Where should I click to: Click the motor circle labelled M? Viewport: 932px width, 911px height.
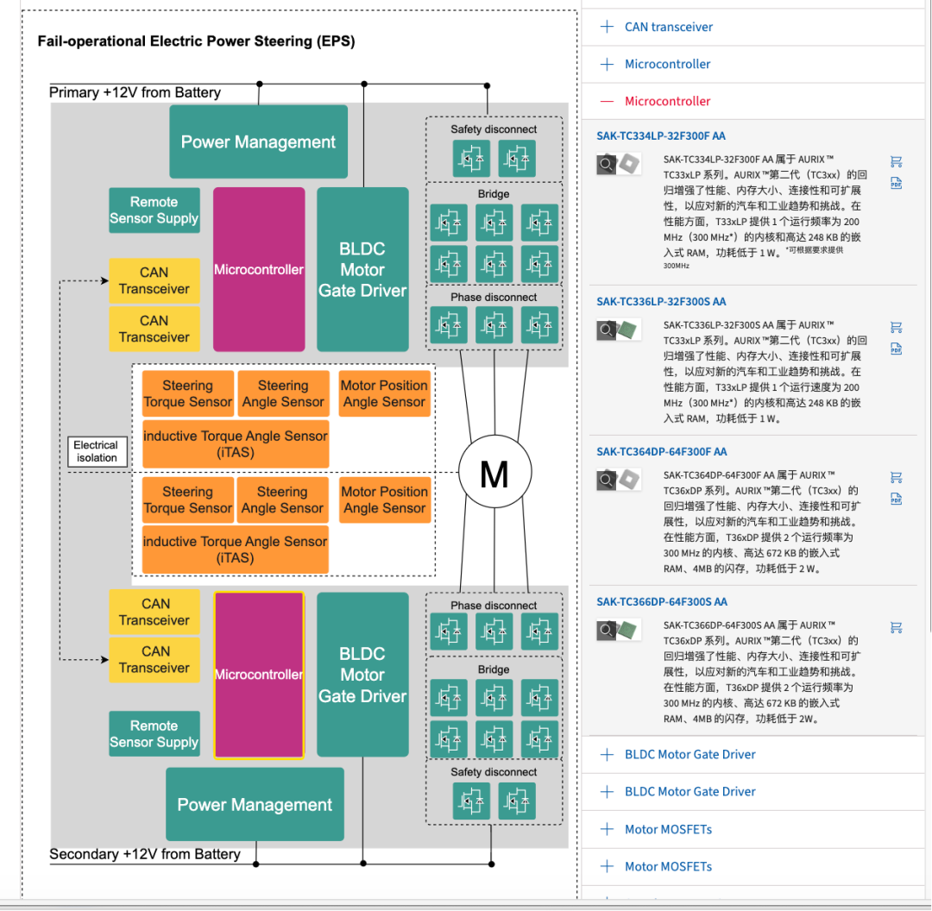coord(494,474)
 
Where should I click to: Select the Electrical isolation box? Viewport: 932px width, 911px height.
coord(97,451)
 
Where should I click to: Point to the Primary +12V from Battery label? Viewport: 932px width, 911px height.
coord(135,92)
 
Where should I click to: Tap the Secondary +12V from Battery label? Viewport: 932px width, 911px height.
coord(144,854)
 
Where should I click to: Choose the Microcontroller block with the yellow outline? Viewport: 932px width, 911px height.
coord(259,675)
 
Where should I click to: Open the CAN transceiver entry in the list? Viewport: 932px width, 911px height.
coord(669,27)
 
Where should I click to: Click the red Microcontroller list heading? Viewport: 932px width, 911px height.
coord(667,101)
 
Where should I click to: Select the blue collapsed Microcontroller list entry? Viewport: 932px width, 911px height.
coord(667,64)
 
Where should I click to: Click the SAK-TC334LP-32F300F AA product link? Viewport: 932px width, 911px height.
coord(660,135)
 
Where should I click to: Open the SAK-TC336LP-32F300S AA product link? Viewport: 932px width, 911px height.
coord(661,301)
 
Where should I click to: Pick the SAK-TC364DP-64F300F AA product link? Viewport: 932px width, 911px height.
coord(661,451)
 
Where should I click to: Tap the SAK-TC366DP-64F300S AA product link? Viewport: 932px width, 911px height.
coord(661,601)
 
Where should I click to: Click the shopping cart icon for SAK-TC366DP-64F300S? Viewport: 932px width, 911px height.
coord(896,627)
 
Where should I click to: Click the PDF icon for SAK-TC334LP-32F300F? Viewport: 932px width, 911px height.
coord(896,184)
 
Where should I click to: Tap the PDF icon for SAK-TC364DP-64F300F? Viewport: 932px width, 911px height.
coord(896,499)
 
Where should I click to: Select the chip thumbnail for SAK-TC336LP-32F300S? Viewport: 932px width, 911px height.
coord(630,329)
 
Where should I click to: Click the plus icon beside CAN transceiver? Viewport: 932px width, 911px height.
coord(607,27)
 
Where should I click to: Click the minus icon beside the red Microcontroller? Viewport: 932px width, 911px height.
coord(607,101)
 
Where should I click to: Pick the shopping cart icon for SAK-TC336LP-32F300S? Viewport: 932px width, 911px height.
coord(896,327)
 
